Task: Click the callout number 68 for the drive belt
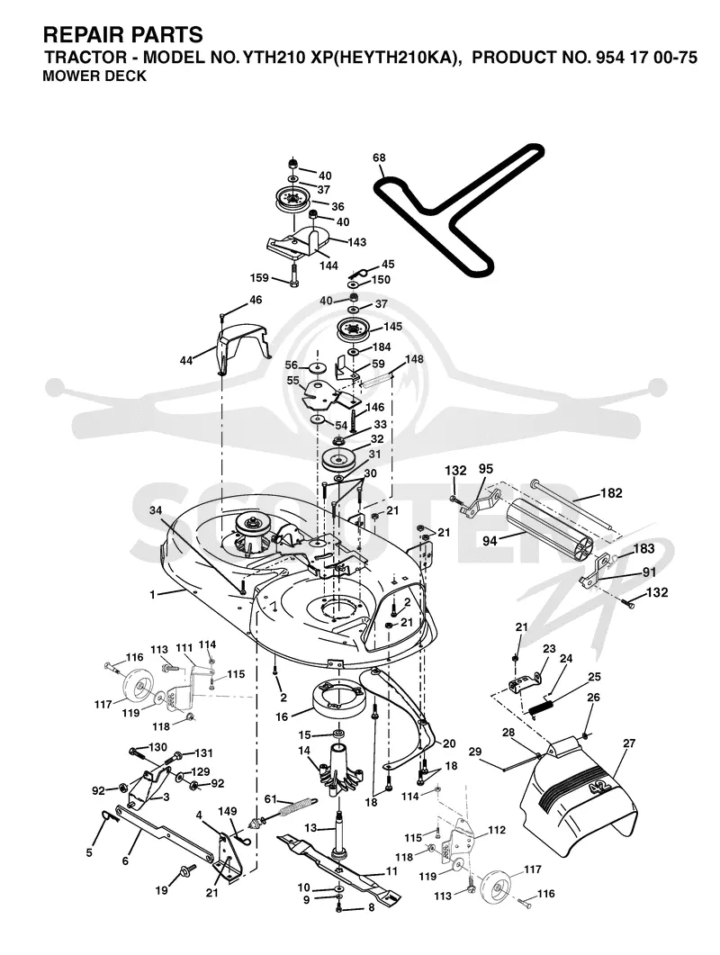point(379,158)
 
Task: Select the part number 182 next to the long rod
point(612,492)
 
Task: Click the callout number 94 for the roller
point(490,541)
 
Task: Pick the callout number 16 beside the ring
point(282,716)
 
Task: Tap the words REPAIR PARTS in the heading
point(123,34)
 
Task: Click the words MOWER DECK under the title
point(95,77)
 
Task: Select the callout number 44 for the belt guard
point(185,361)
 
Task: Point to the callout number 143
point(356,242)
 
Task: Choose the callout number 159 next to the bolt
point(259,278)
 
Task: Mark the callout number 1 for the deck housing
point(153,594)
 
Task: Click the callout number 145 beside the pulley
point(392,327)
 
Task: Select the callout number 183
point(643,549)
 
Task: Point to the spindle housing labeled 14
point(339,770)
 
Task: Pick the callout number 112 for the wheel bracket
point(497,830)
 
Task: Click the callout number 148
point(414,359)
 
